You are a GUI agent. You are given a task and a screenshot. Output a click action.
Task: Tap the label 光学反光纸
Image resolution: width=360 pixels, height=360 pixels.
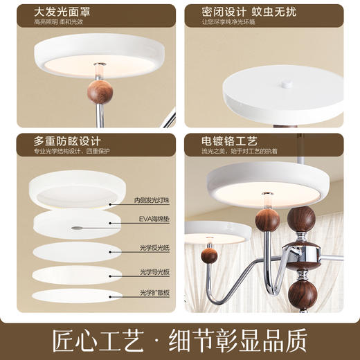(x=154, y=247)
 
